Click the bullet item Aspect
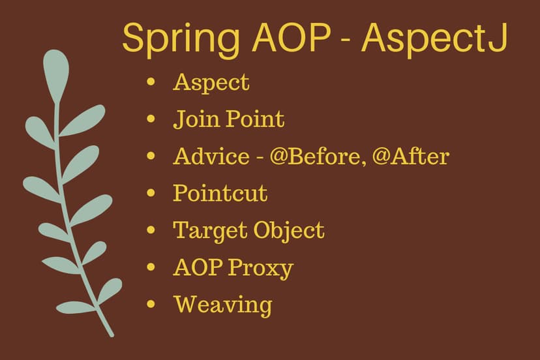click(x=211, y=83)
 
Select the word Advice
click(x=211, y=157)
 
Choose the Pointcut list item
click(x=220, y=194)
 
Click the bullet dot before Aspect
click(x=151, y=82)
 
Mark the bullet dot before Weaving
click(x=151, y=304)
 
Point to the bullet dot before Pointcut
click(x=151, y=193)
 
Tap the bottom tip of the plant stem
click(x=111, y=335)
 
